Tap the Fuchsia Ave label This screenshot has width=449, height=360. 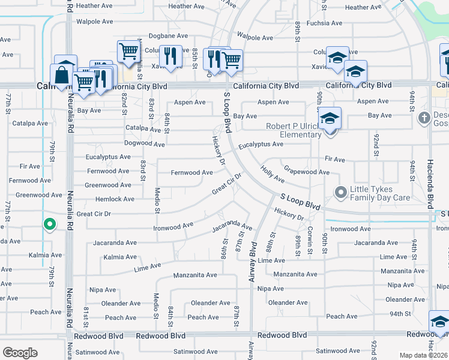324,23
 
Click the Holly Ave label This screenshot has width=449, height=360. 273,175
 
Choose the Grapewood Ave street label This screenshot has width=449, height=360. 306,172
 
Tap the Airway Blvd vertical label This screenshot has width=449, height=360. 252,263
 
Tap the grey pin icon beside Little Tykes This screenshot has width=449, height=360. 341,193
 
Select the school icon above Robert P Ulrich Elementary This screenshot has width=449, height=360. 330,117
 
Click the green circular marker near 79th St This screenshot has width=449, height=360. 50,225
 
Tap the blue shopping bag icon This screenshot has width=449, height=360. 62,76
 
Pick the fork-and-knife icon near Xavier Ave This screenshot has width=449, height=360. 171,56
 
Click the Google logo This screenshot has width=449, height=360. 20,353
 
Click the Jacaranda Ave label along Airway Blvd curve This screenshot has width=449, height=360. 232,228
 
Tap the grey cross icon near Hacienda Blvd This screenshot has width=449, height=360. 424,116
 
